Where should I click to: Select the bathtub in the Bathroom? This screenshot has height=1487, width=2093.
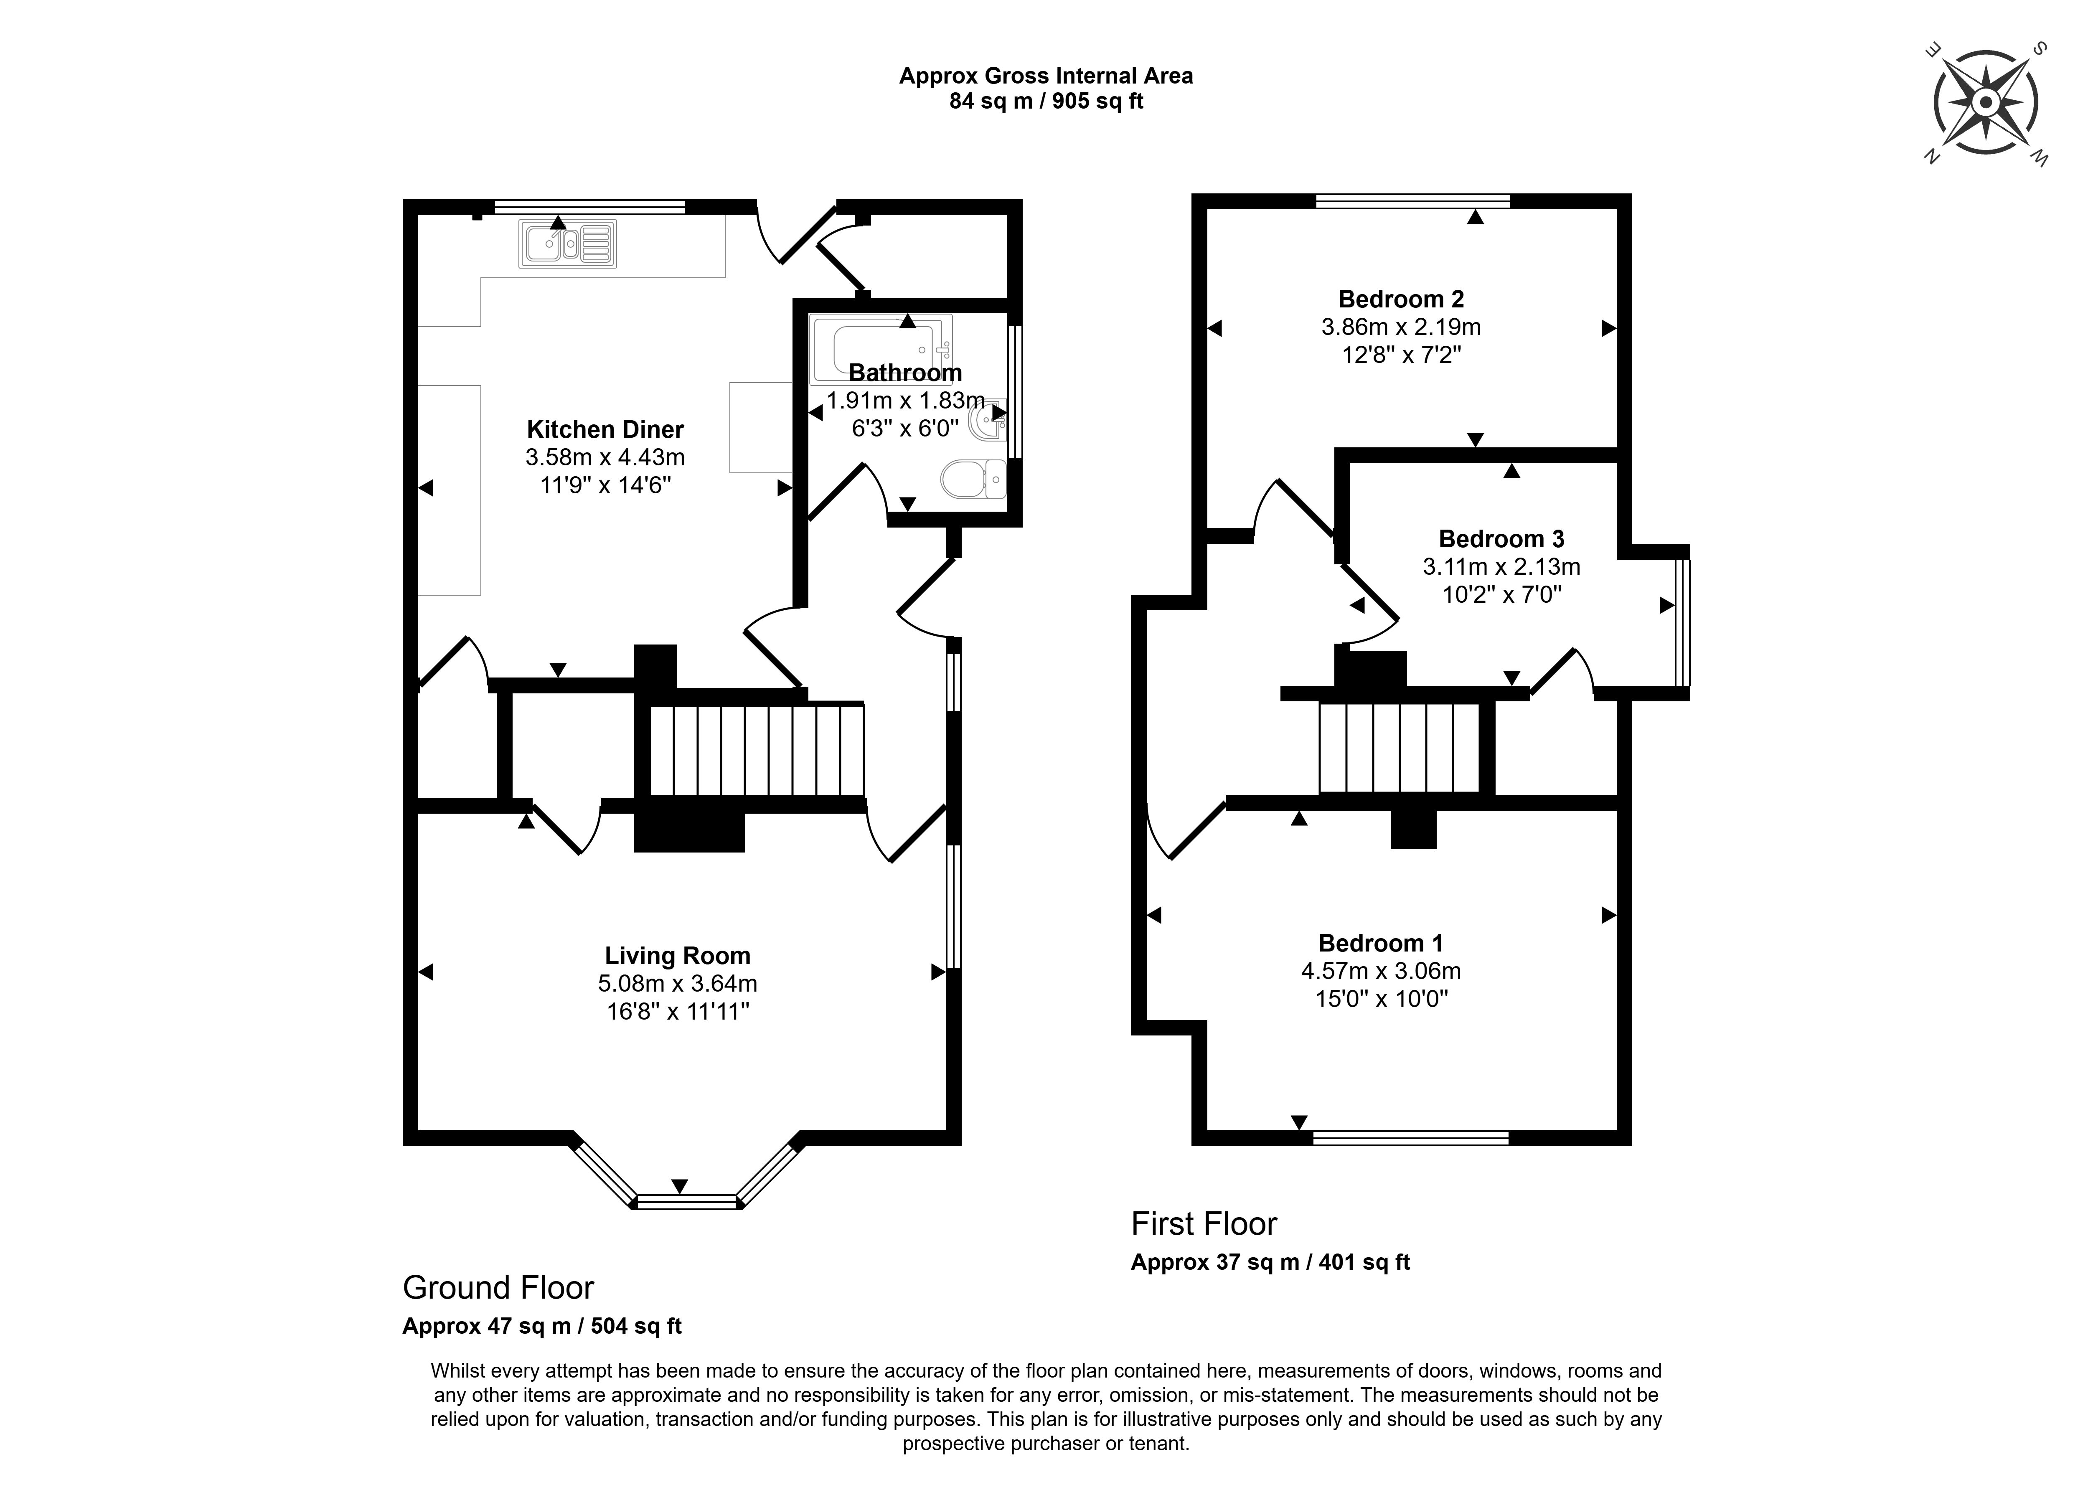(881, 349)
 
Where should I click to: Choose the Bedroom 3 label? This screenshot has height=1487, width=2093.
(1501, 539)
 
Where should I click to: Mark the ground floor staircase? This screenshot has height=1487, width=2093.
(756, 751)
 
